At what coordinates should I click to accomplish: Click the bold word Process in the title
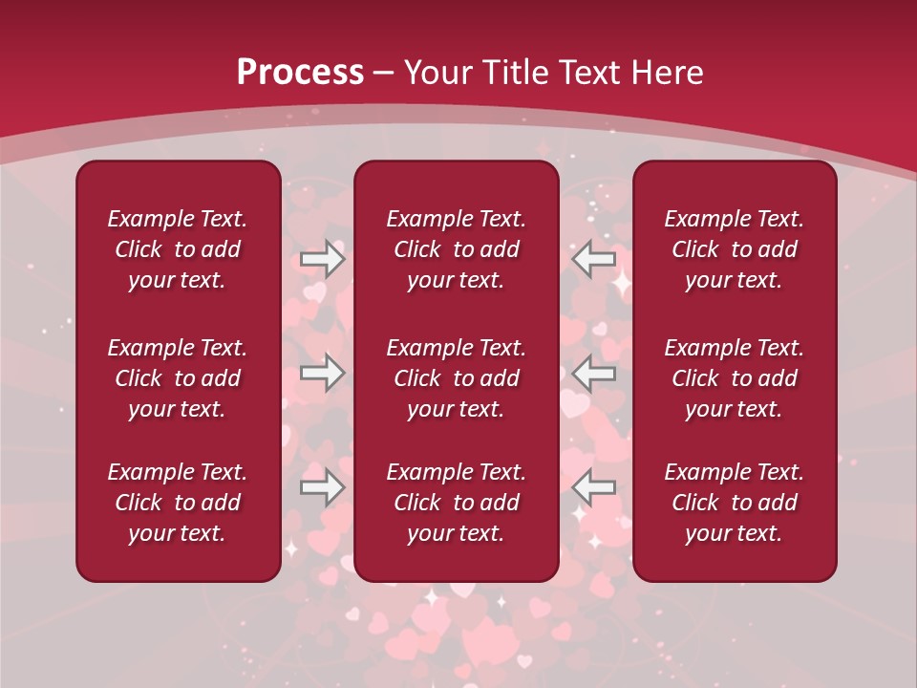coord(300,73)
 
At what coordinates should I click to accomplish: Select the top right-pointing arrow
coord(322,259)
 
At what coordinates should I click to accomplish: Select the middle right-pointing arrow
coord(322,373)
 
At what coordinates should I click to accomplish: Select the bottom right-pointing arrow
coord(322,487)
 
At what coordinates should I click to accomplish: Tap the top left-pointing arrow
coord(594,259)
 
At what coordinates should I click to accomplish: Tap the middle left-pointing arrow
coord(594,373)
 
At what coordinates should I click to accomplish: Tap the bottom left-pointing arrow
coord(594,487)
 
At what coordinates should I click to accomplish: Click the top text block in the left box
coord(178,249)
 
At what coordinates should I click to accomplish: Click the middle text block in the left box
coord(178,378)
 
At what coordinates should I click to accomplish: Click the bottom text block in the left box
coord(178,503)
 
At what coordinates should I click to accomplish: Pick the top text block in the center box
coord(456,249)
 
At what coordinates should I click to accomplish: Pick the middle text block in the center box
coord(456,378)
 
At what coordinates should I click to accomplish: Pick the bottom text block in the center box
coord(456,503)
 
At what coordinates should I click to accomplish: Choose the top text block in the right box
coord(734,249)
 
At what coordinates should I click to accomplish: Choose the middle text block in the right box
coord(734,378)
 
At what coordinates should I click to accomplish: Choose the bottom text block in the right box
coord(734,503)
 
